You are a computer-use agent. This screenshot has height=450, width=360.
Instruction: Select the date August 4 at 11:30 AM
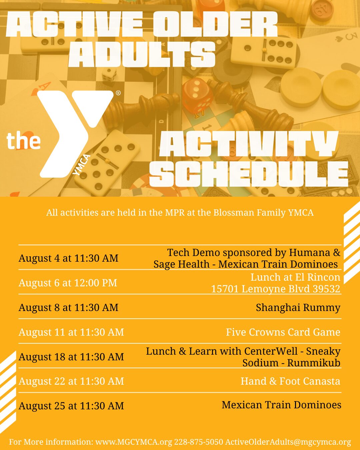[x=68, y=258]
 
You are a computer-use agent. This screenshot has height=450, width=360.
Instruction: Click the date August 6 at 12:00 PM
[x=68, y=283]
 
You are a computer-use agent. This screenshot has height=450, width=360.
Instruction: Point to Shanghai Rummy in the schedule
[x=298, y=308]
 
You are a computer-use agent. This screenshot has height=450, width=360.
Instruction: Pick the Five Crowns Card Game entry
[x=283, y=332]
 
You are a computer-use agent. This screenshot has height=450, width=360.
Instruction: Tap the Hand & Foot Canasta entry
[x=290, y=381]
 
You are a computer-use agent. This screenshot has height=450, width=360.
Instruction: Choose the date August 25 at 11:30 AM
[x=71, y=406]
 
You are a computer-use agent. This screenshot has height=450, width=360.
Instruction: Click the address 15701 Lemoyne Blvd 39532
[x=276, y=289]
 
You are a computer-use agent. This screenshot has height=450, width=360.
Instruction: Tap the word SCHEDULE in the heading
[x=249, y=174]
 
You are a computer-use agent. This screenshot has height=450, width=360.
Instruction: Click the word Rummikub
[x=314, y=363]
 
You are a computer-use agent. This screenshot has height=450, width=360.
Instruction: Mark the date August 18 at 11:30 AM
[x=71, y=357]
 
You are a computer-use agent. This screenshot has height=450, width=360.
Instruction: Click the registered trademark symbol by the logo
[x=118, y=93]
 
